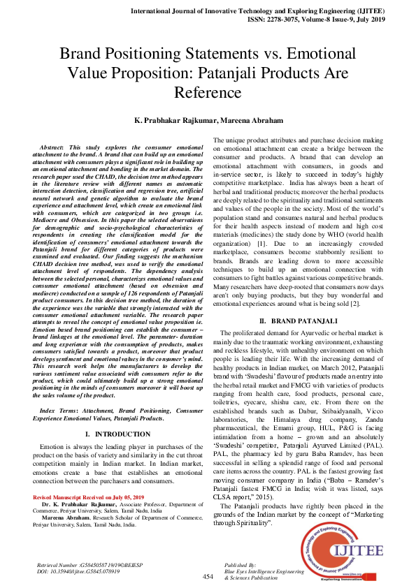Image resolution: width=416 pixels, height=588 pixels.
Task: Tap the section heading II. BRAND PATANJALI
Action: (299, 321)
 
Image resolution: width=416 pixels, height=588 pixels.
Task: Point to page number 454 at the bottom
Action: (208, 577)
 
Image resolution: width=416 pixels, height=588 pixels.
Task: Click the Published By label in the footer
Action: (241, 564)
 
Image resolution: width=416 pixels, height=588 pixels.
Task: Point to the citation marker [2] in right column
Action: (357, 304)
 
